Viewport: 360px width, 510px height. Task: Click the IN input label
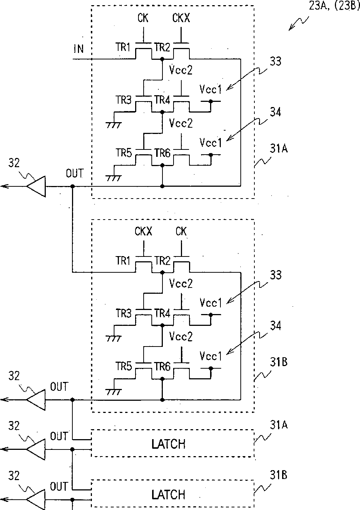pyautogui.click(x=79, y=49)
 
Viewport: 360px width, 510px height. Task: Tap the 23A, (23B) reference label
pyautogui.click(x=334, y=6)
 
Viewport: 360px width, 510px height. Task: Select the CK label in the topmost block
pyautogui.click(x=143, y=18)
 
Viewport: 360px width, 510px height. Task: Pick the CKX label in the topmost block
pyautogui.click(x=181, y=18)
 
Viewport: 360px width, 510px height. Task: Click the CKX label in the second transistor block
pyautogui.click(x=143, y=231)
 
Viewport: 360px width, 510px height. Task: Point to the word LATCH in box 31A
pyautogui.click(x=168, y=444)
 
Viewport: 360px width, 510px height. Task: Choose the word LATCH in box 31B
pyautogui.click(x=168, y=495)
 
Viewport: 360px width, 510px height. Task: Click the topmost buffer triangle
pyautogui.click(x=36, y=186)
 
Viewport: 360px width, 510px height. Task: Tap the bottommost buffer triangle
pyautogui.click(x=36, y=500)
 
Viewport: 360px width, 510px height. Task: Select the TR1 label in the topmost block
pyautogui.click(x=123, y=47)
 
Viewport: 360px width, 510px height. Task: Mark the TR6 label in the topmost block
pyautogui.click(x=162, y=153)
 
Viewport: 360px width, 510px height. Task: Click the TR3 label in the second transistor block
pyautogui.click(x=124, y=313)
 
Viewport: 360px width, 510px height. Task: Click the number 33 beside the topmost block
pyautogui.click(x=276, y=61)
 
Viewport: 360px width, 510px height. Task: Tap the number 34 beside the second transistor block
pyautogui.click(x=276, y=326)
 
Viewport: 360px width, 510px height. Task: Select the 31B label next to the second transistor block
pyautogui.click(x=279, y=362)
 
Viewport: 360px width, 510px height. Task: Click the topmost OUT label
pyautogui.click(x=75, y=173)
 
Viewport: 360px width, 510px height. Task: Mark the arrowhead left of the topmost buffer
pyautogui.click(x=4, y=186)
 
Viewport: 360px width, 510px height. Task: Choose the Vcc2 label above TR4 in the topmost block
pyautogui.click(x=181, y=70)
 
